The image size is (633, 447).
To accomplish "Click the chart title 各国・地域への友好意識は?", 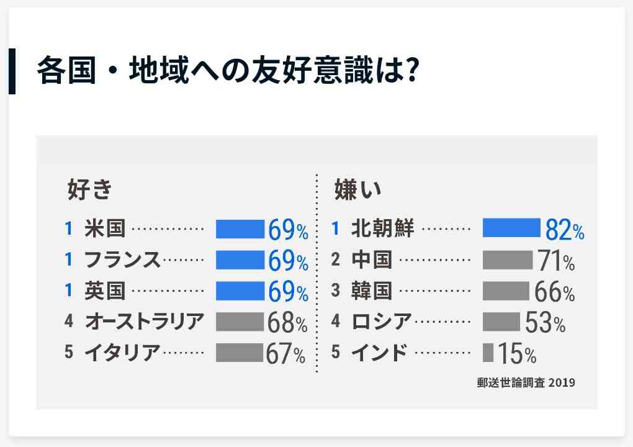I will tap(226, 71).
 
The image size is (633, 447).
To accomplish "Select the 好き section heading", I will tap(89, 189).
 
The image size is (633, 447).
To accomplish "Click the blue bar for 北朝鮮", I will tap(511, 228).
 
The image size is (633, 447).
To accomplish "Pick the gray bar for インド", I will tap(488, 353).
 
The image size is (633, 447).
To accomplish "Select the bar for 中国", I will tap(508, 260).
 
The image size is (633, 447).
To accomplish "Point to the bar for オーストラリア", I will tap(240, 322).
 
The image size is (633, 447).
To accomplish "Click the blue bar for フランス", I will tap(240, 260).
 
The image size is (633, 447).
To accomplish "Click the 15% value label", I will tap(517, 354).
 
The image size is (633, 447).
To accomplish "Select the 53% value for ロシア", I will tap(545, 323).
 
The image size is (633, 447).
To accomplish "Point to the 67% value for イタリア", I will tap(285, 354).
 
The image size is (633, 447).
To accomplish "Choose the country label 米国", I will tap(105, 228).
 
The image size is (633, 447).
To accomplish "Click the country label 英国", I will tap(105, 291).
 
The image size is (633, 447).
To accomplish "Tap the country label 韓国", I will tap(372, 291).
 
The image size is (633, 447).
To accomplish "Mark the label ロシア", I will tap(382, 322).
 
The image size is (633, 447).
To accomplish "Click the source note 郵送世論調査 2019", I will tap(526, 382).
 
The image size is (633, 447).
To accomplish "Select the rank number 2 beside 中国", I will tap(335, 260).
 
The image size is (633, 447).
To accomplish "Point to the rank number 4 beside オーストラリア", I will tap(69, 322).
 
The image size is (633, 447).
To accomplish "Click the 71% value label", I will tap(556, 261).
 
